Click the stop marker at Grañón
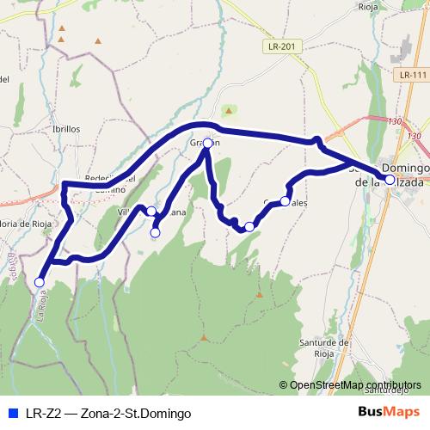pos(207,144)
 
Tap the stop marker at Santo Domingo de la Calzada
pos(390,180)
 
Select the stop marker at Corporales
pos(285,202)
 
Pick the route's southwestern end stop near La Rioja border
pos(39,282)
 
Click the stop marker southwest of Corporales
pos(249,227)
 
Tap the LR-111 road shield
pos(413,76)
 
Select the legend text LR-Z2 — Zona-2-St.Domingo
pos(107,413)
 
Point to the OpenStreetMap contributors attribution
pos(353,385)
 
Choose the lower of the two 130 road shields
pos(415,136)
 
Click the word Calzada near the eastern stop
pos(404,182)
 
